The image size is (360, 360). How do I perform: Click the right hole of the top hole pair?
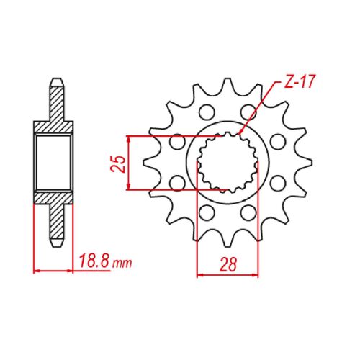tap(248, 112)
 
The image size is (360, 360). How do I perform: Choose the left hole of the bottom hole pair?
tap(207, 212)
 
